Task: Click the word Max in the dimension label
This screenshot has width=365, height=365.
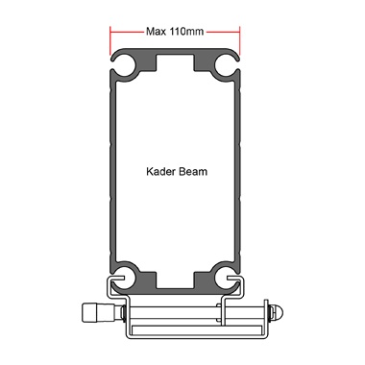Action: point(156,32)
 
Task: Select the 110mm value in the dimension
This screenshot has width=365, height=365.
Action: point(186,32)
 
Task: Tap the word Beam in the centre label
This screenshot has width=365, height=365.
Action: point(193,172)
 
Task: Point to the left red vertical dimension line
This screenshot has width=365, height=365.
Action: point(110,40)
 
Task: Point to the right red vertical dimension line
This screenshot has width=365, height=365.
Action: point(239,40)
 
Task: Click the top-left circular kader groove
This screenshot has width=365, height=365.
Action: point(124,65)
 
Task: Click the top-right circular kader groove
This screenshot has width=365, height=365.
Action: point(226,65)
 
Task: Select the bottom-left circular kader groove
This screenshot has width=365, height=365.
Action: point(124,277)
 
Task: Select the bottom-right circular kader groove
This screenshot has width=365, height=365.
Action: point(226,277)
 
